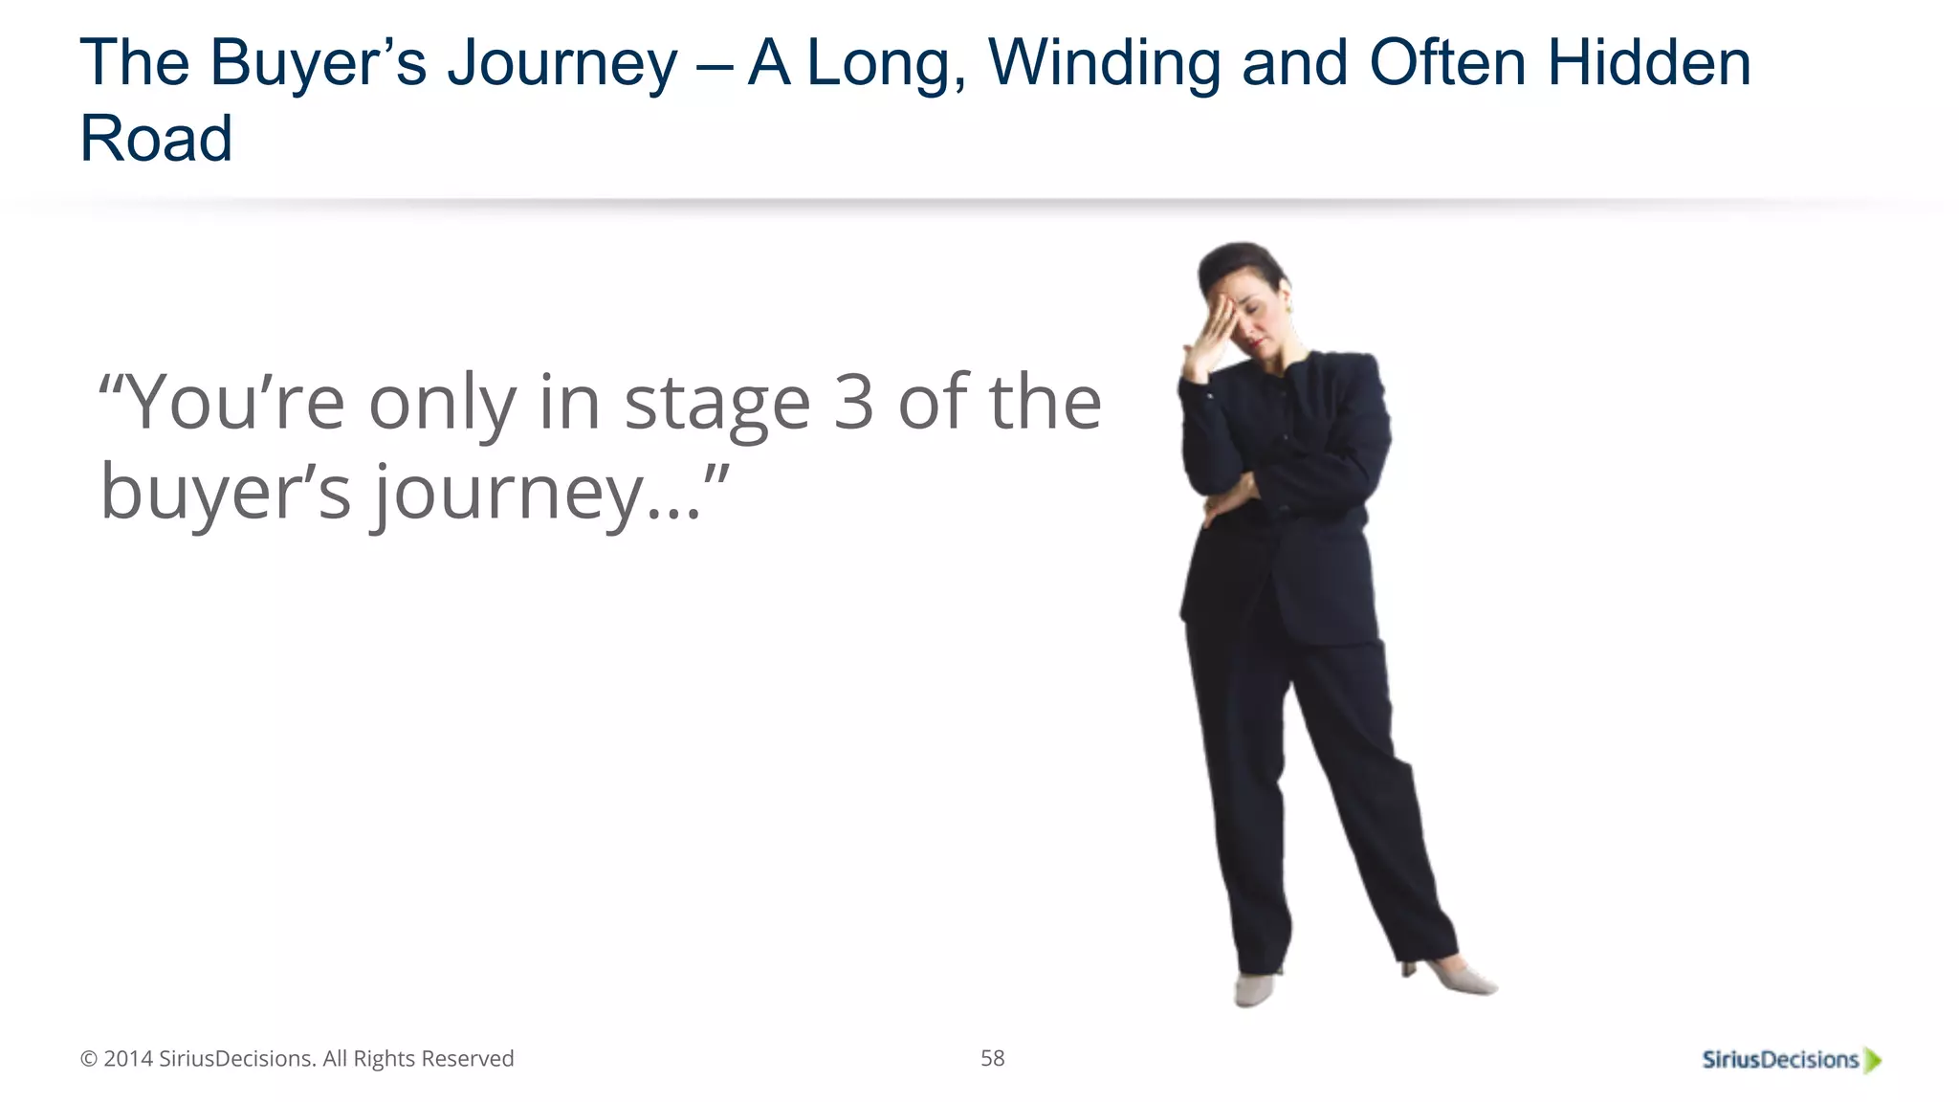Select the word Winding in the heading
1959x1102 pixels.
pyautogui.click(x=1104, y=65)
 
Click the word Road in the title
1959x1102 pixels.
pyautogui.click(x=156, y=139)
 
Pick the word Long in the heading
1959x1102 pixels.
pyautogui.click(x=885, y=65)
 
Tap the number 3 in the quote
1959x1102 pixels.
pyautogui.click(x=853, y=403)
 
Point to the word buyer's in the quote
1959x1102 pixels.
pyautogui.click(x=226, y=493)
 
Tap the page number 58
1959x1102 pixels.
pyautogui.click(x=992, y=1058)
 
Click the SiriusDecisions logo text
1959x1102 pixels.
pyautogui.click(x=1779, y=1059)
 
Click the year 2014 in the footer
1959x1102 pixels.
pyautogui.click(x=128, y=1059)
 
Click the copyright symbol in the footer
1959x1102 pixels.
pyautogui.click(x=89, y=1059)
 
